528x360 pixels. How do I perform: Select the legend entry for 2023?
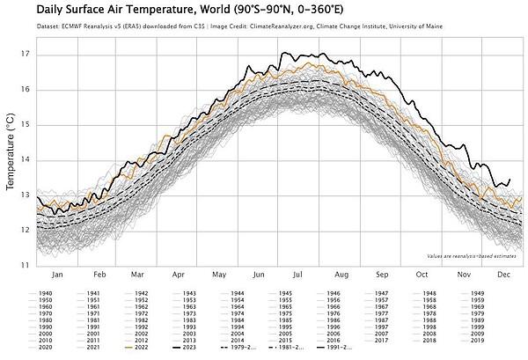tap(187, 348)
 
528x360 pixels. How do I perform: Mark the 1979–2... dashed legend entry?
tap(236, 348)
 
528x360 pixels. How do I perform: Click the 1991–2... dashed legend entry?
tap(334, 348)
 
